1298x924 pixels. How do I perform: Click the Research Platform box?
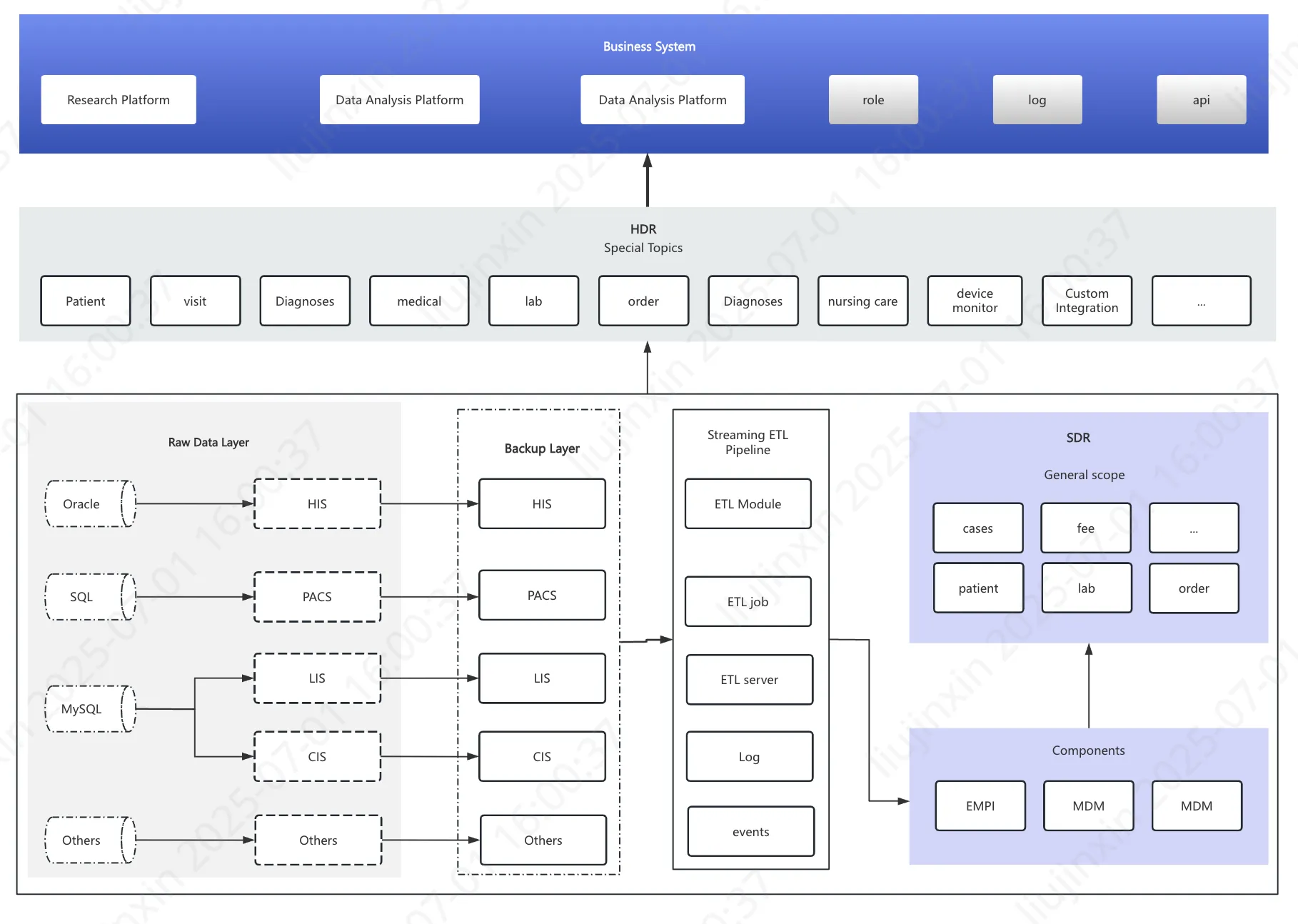119,100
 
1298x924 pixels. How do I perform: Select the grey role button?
872,100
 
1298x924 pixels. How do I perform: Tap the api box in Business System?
1201,100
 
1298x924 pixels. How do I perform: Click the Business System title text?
648,46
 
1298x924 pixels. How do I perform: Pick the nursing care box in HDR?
862,301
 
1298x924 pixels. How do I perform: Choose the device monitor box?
975,301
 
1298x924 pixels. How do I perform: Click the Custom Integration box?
1087,301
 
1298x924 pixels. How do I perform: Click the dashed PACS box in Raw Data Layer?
317,597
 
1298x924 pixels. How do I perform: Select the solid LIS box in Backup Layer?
542,678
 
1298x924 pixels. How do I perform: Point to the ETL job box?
748,602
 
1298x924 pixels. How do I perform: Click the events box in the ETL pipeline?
750,832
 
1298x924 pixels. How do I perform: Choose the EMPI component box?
980,806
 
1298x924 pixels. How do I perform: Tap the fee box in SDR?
1085,528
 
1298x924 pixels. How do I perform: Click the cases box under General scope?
977,528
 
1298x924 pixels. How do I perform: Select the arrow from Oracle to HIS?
193,504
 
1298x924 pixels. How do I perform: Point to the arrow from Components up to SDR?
1088,686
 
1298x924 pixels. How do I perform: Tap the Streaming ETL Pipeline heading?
748,442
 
